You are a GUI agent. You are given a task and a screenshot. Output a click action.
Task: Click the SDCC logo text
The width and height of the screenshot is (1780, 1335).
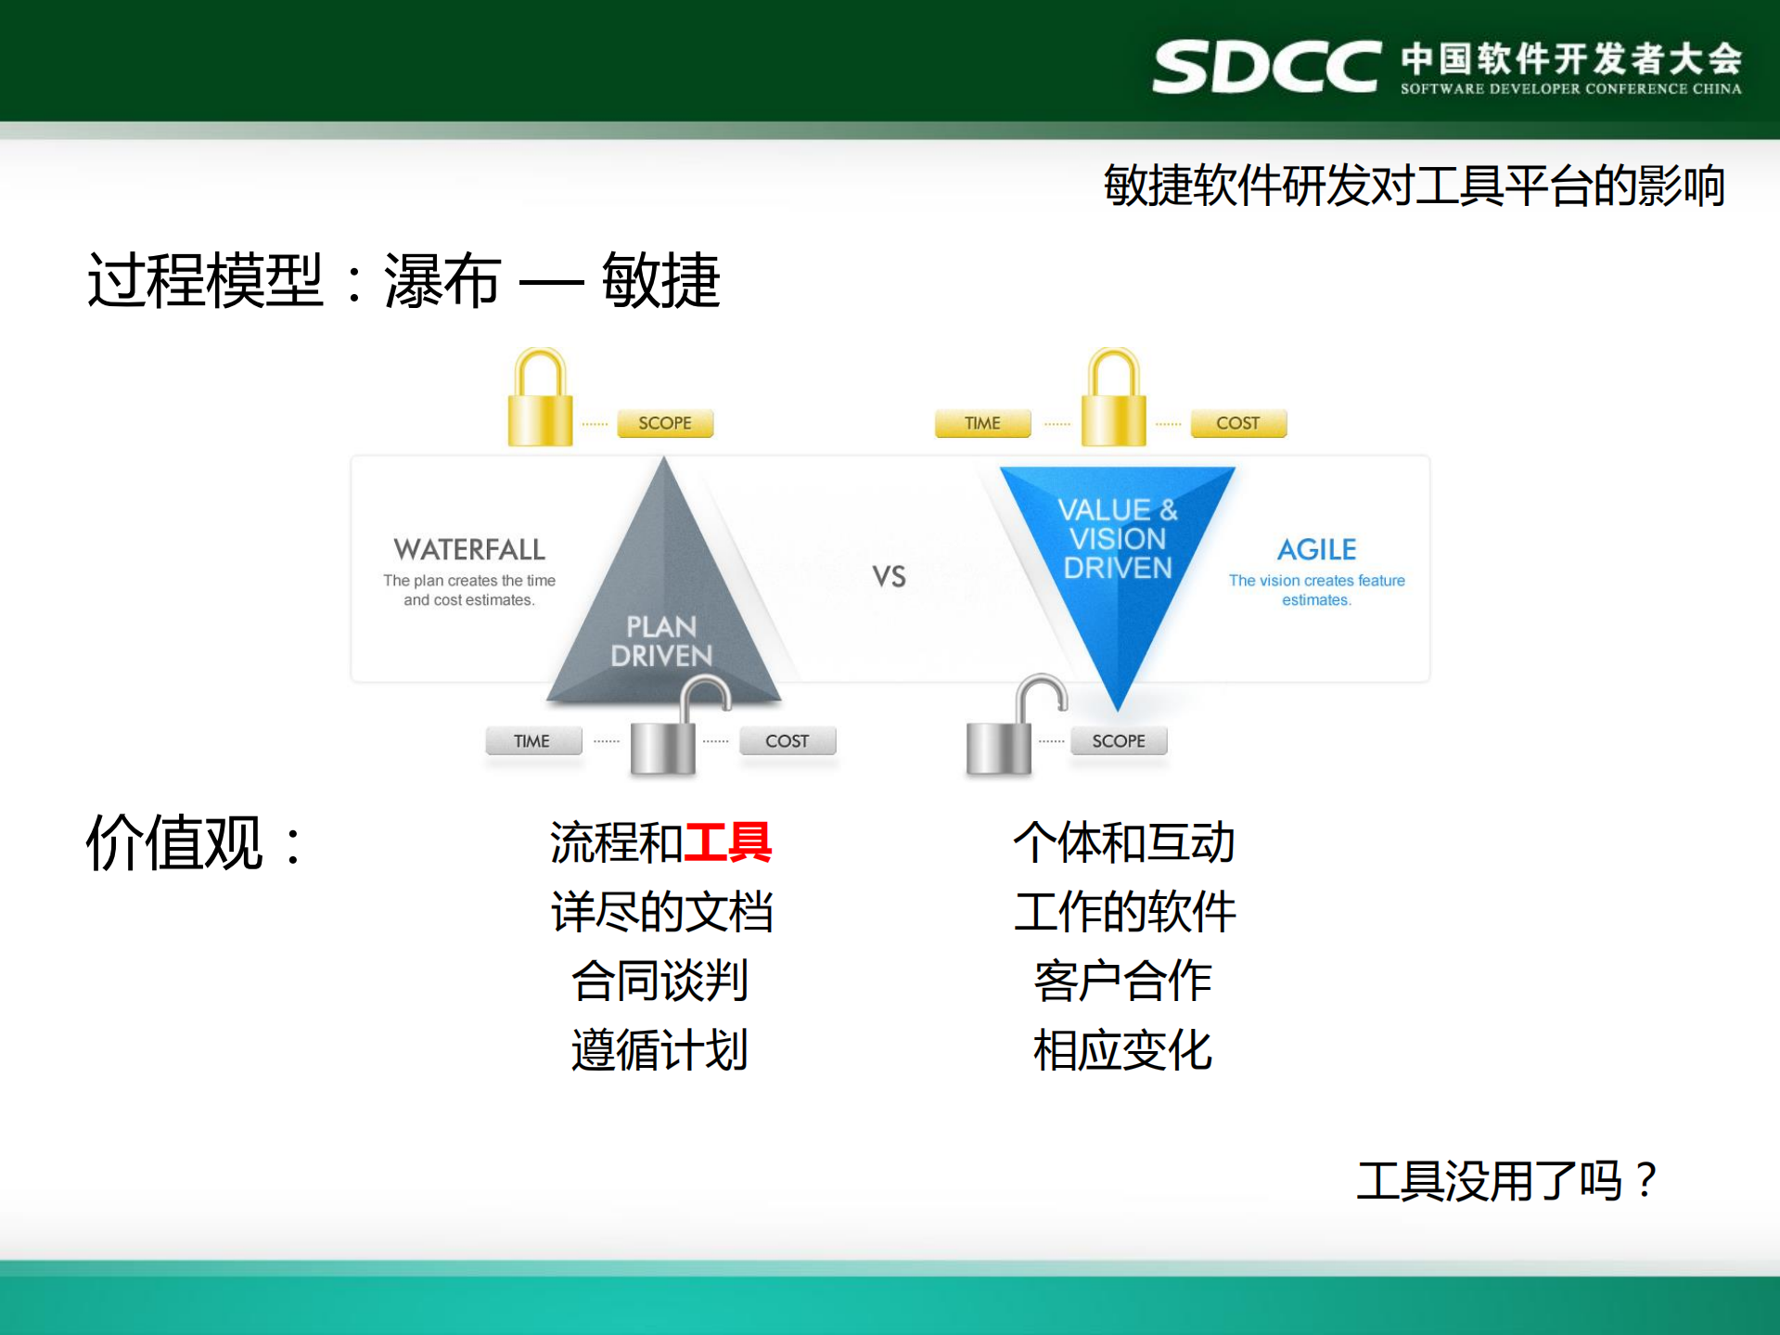pos(1266,67)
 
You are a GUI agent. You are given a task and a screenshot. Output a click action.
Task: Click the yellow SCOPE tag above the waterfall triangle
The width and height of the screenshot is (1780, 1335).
pos(665,423)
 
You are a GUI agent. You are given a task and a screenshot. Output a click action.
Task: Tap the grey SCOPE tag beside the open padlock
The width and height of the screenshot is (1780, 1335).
pos(1119,741)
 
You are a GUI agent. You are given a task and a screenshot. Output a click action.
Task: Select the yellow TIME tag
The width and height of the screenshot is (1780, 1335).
pos(982,423)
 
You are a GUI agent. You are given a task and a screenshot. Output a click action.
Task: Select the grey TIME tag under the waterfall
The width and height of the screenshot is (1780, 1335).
pos(532,741)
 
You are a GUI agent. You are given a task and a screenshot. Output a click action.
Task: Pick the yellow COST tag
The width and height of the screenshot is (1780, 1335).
pos(1238,423)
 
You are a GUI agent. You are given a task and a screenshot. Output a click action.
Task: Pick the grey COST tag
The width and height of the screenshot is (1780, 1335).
pos(788,741)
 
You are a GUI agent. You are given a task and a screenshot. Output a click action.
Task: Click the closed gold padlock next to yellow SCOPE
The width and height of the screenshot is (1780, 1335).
pos(541,401)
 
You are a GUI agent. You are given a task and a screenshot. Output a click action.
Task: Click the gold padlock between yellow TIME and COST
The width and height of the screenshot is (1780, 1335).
pos(1114,401)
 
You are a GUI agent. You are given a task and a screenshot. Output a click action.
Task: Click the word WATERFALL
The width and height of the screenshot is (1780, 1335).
pos(469,549)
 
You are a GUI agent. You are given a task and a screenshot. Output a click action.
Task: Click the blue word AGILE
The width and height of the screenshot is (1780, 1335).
pos(1316,549)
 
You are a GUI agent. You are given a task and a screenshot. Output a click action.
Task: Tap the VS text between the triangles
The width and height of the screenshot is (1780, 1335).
pos(889,577)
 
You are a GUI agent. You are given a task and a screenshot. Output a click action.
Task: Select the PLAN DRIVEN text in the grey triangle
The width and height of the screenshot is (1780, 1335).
pos(661,641)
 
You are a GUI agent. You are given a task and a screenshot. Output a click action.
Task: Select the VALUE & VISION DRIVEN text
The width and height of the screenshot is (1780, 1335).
pos(1118,538)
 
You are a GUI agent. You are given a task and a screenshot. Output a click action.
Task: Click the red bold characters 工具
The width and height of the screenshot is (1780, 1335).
pos(727,842)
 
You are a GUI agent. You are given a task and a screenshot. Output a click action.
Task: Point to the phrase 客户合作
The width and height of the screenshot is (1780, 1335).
pos(1122,981)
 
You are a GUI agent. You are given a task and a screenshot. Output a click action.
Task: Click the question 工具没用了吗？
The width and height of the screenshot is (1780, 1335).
pos(1507,1181)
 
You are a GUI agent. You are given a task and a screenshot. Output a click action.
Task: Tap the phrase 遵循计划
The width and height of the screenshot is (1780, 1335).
pos(659,1050)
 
